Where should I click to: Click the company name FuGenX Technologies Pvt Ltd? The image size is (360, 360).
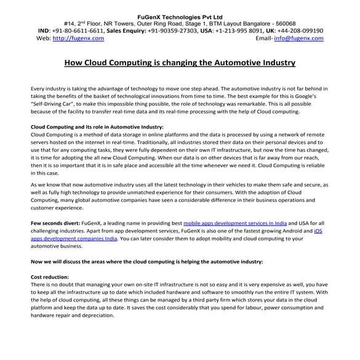click(x=180, y=8)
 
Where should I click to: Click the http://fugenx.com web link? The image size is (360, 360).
click(x=78, y=38)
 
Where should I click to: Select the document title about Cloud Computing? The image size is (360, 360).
click(x=180, y=62)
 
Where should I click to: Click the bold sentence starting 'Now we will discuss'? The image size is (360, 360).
click(x=146, y=262)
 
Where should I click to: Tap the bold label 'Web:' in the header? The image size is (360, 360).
click(x=43, y=38)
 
